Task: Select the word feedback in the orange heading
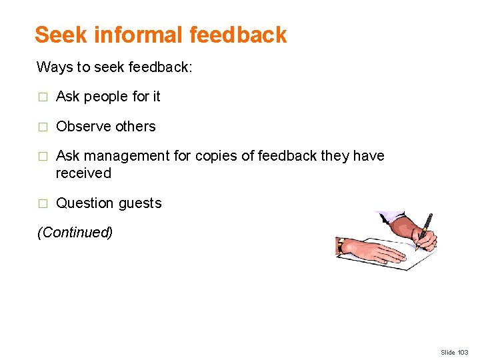click(x=238, y=35)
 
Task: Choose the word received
click(x=83, y=173)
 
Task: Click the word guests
click(x=139, y=203)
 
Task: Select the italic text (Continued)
click(x=75, y=233)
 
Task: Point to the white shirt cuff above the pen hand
click(x=390, y=216)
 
